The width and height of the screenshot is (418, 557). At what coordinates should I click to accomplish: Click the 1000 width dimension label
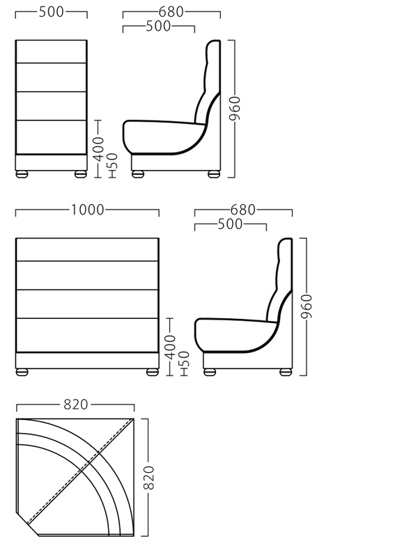pos(88,210)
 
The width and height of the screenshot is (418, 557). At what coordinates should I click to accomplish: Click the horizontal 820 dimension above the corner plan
pos(76,405)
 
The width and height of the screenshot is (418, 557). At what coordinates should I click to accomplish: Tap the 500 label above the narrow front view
pos(52,12)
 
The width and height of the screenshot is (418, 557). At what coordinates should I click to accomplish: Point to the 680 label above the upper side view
pos(171,12)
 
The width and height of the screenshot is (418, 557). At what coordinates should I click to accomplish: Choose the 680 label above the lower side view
pos(243,210)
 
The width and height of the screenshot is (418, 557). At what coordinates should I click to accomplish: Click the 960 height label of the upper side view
pos(235,109)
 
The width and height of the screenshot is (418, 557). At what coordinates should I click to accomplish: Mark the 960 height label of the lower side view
pos(307,306)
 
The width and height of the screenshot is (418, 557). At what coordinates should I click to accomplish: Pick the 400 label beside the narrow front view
pos(99,149)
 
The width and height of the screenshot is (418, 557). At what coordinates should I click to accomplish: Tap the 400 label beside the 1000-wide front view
pos(171,347)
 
